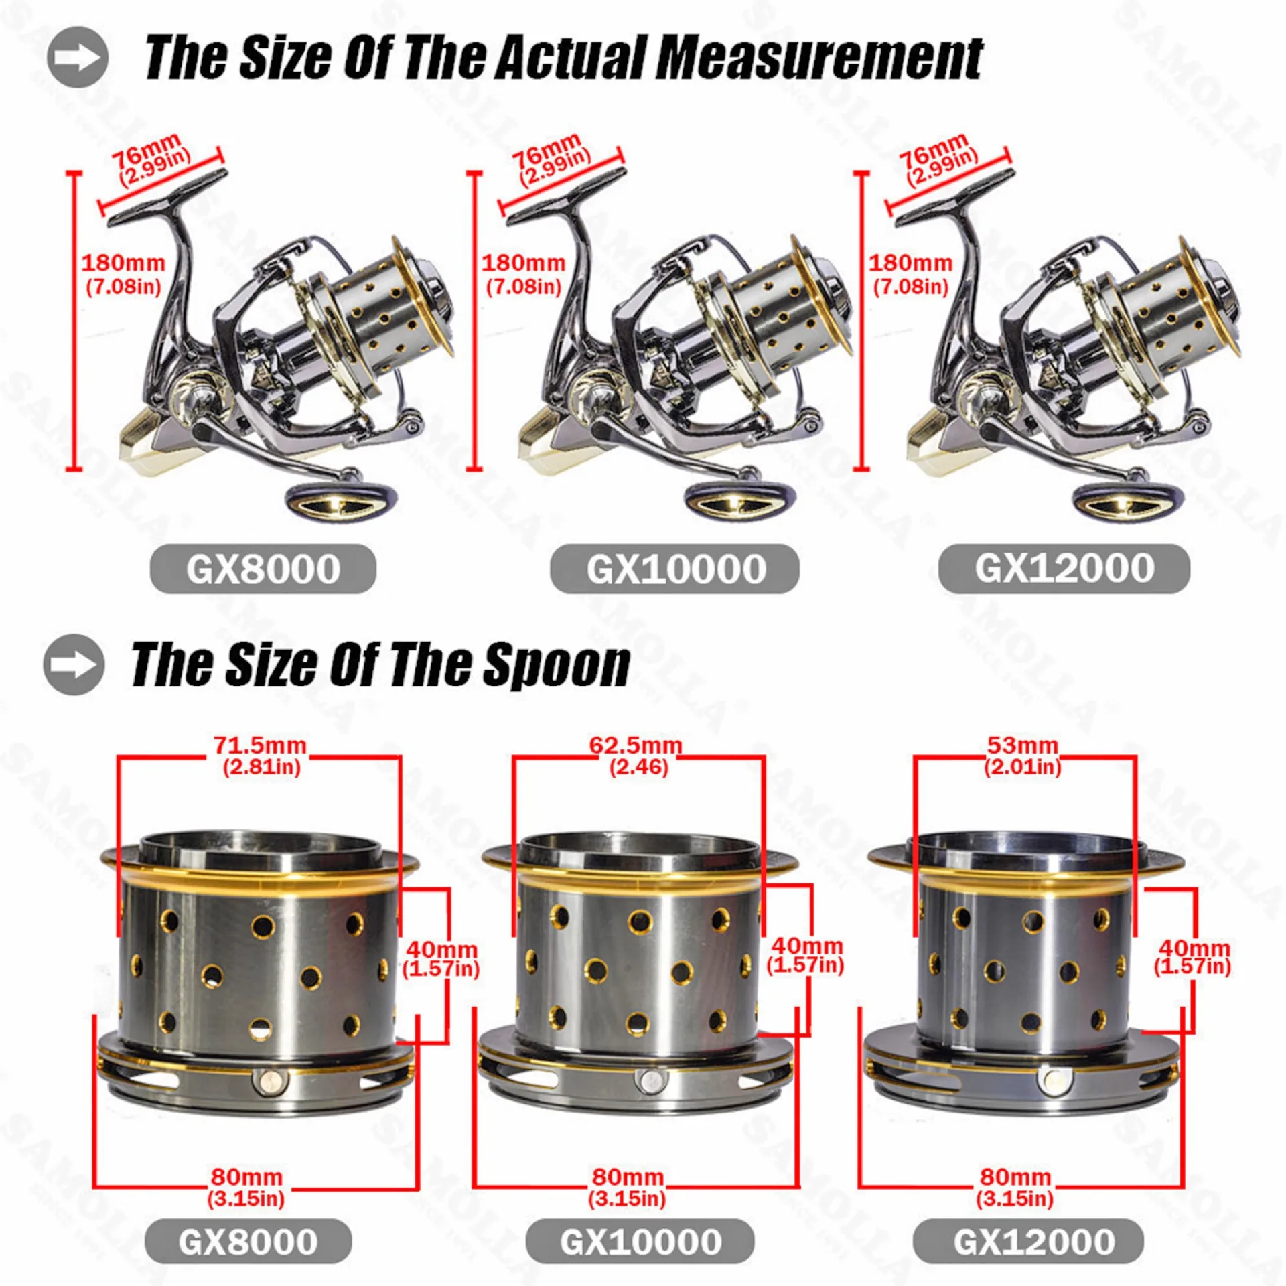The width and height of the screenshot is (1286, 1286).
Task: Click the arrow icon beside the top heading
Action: click(77, 57)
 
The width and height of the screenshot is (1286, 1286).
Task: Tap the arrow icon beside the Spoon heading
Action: click(74, 664)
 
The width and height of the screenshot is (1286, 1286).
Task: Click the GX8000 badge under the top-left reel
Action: click(263, 569)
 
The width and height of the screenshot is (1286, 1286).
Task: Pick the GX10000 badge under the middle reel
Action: click(674, 569)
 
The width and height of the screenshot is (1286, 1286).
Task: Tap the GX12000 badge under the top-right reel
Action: click(1064, 569)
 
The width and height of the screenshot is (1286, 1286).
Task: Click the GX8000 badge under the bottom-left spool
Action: click(248, 1241)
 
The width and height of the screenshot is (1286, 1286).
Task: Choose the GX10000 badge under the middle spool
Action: click(640, 1241)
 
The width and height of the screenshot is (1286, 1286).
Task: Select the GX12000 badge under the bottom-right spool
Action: click(1033, 1241)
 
